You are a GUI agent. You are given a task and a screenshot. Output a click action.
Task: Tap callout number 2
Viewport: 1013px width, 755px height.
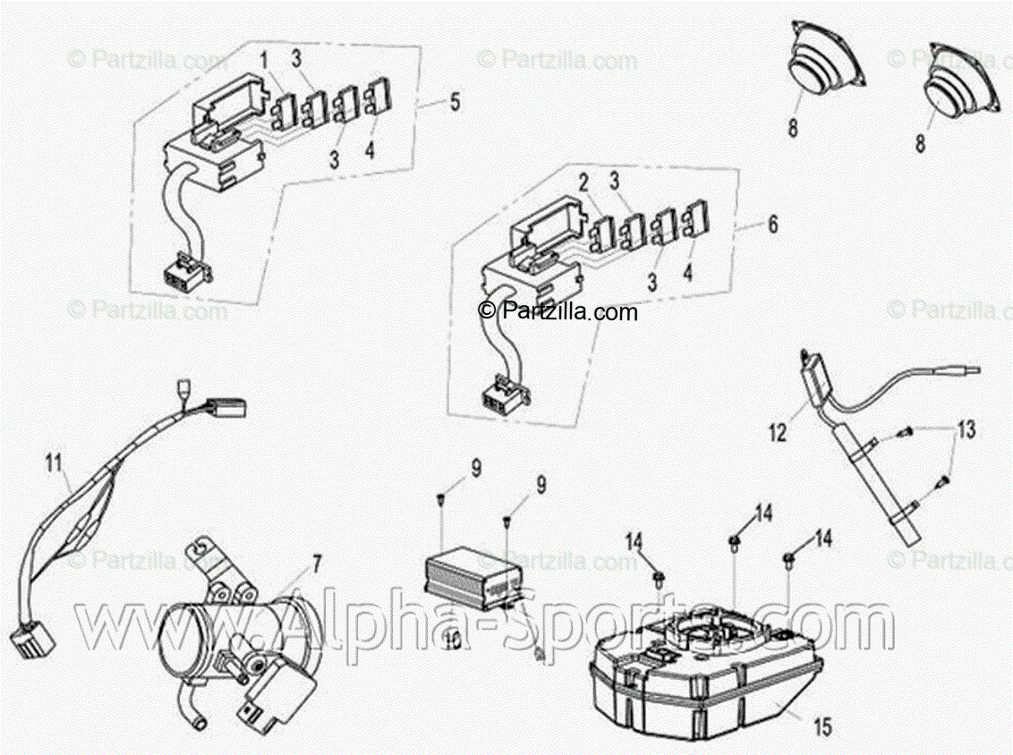pyautogui.click(x=583, y=184)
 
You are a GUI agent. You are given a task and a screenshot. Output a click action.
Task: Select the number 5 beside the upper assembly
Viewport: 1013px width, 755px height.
pyautogui.click(x=455, y=102)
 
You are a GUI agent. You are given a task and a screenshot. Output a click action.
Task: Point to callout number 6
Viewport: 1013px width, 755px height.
pyautogui.click(x=772, y=225)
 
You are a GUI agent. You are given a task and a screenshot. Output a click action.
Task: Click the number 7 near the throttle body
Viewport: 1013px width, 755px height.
pyautogui.click(x=316, y=563)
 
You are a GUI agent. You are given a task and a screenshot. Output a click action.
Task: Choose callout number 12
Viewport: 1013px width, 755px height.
pyautogui.click(x=778, y=434)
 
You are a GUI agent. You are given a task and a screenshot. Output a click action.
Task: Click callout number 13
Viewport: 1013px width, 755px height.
pyautogui.click(x=962, y=430)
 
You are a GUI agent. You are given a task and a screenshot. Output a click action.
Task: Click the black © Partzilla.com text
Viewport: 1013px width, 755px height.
pyautogui.click(x=558, y=311)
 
